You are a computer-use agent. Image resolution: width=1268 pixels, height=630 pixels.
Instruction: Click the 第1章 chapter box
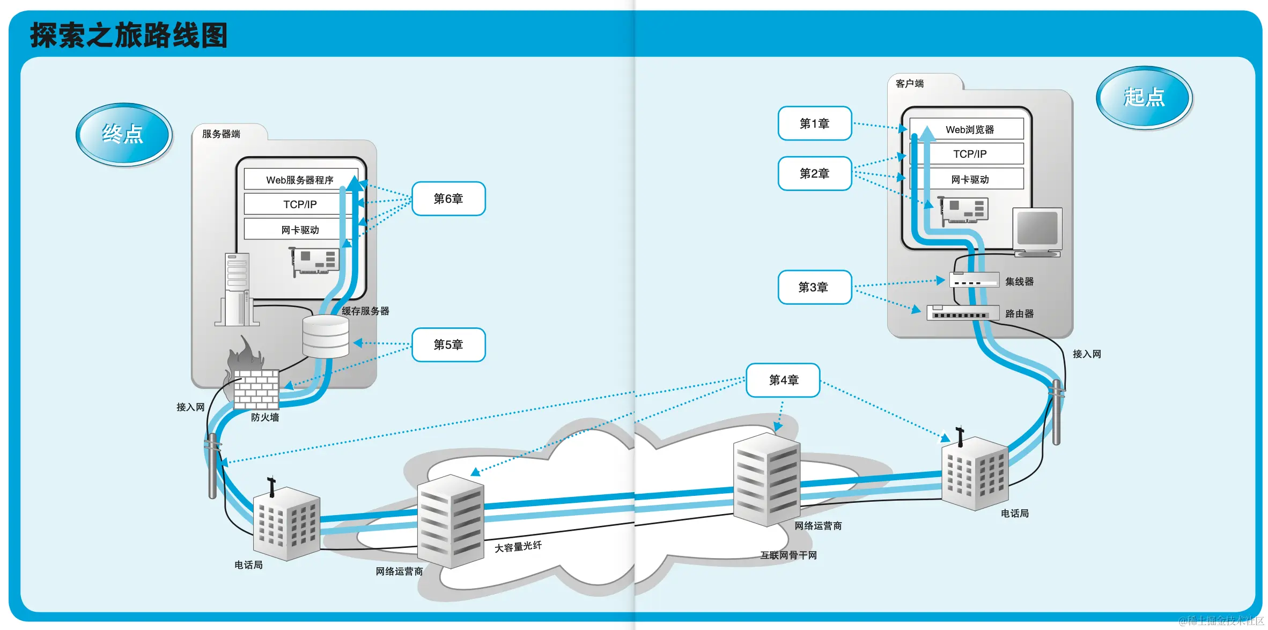[x=814, y=123]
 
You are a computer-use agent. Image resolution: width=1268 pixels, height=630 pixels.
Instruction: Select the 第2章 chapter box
[x=814, y=173]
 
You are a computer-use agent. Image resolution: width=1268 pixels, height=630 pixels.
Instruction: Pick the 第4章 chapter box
[x=783, y=380]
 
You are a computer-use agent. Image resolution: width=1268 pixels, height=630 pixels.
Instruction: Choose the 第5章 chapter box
[x=448, y=345]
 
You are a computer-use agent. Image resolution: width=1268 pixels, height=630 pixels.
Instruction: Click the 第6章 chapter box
[x=448, y=199]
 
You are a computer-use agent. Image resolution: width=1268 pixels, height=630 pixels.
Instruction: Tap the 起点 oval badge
[x=1144, y=97]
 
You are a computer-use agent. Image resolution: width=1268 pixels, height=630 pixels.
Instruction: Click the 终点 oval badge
[x=123, y=134]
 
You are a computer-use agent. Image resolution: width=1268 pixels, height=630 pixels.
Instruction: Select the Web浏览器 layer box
[x=969, y=129]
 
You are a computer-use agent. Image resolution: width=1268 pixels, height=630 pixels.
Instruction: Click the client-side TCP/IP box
[x=969, y=154]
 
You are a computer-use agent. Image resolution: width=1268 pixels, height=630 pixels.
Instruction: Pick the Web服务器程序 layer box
[x=299, y=180]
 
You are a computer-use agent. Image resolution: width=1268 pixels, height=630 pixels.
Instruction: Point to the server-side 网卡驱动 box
[x=299, y=230]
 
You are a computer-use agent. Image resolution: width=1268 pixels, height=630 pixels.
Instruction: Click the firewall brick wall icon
[x=256, y=389]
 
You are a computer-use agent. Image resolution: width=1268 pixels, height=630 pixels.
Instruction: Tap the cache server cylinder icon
[x=326, y=336]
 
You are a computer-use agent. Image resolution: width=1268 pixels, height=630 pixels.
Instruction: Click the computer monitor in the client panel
[x=1037, y=230]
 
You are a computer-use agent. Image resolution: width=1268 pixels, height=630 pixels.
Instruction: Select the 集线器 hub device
[x=974, y=280]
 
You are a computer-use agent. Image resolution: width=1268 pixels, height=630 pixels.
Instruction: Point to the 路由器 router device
[x=963, y=312]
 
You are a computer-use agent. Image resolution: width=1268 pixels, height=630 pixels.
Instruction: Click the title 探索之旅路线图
[x=129, y=35]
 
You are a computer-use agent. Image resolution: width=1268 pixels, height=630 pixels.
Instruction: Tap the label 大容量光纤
[x=518, y=547]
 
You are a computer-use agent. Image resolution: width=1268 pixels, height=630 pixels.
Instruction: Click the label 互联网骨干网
[x=788, y=555]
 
